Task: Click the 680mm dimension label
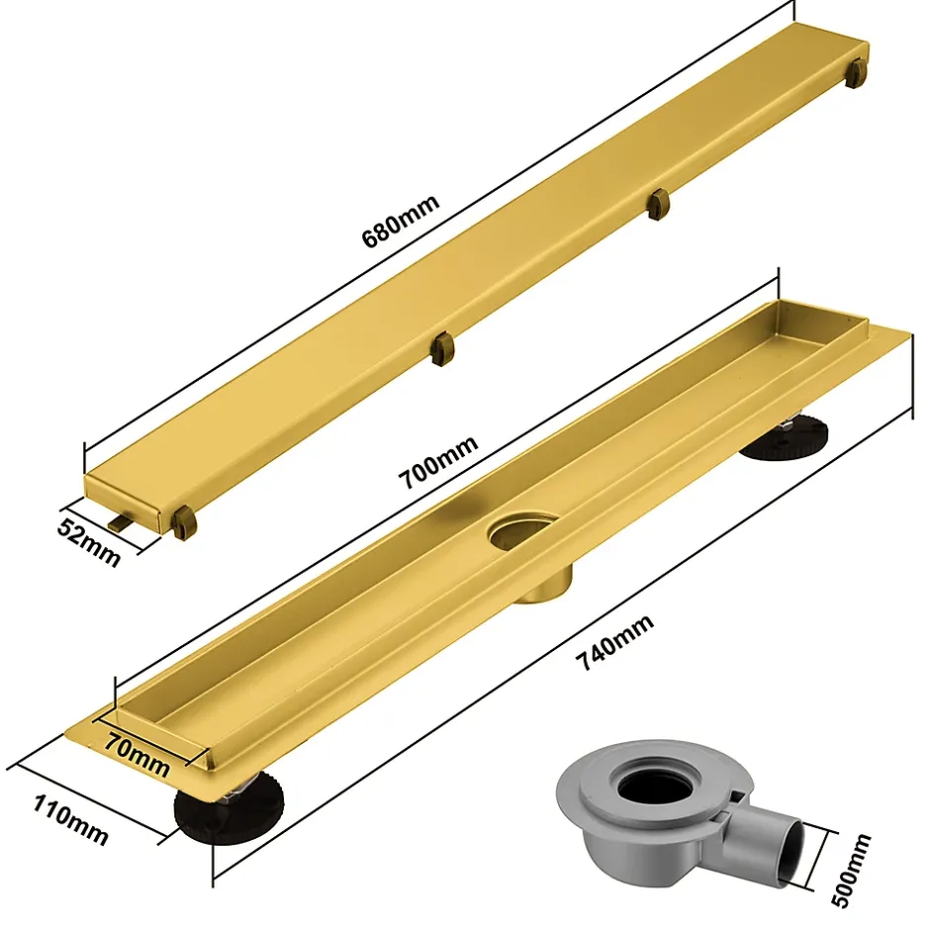click(401, 220)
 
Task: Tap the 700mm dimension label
click(438, 462)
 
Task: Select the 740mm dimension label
click(615, 642)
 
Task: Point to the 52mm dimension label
click(89, 541)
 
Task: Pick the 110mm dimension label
click(70, 821)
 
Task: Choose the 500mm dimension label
click(852, 870)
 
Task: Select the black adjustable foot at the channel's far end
click(783, 437)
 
